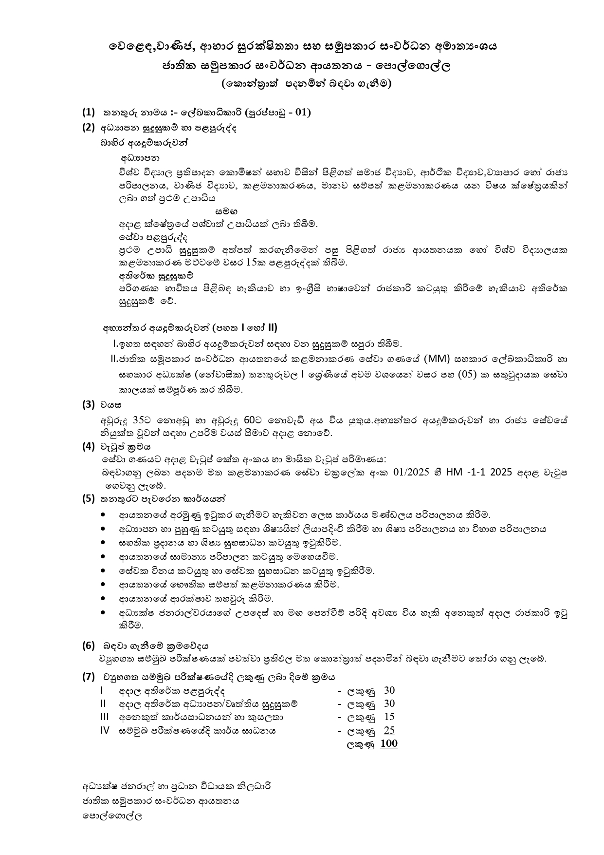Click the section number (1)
click(88, 113)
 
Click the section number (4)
click(88, 446)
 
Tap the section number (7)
click(88, 677)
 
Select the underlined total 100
click(388, 743)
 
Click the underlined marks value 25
click(389, 730)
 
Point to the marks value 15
click(389, 717)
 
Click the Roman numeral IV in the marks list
click(105, 730)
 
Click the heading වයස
click(111, 405)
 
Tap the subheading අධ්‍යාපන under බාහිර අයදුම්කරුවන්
click(140, 158)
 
